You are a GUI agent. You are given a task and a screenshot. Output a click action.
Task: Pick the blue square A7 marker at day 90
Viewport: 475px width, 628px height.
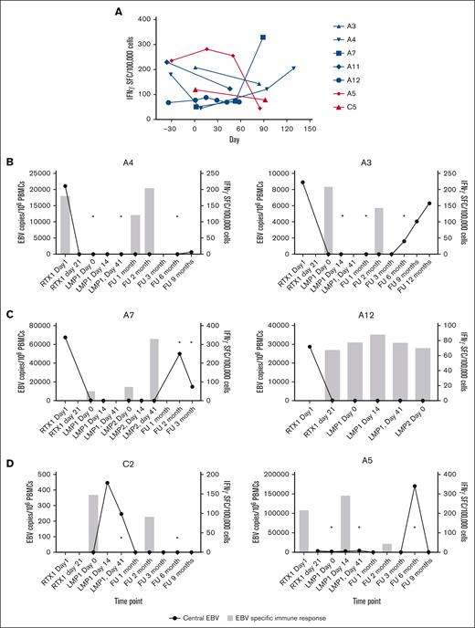pyautogui.click(x=263, y=37)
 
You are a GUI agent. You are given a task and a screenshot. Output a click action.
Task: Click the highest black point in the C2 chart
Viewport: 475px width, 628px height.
pyautogui.click(x=107, y=483)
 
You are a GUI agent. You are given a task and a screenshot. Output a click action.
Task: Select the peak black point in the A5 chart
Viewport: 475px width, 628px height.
pyautogui.click(x=416, y=486)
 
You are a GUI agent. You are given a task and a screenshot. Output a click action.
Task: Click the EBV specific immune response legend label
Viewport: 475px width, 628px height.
pyautogui.click(x=321, y=618)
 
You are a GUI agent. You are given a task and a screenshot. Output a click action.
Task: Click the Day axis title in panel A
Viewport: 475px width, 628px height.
pyautogui.click(x=235, y=143)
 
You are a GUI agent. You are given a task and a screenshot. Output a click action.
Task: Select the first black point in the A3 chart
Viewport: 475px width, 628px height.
pyautogui.click(x=302, y=183)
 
